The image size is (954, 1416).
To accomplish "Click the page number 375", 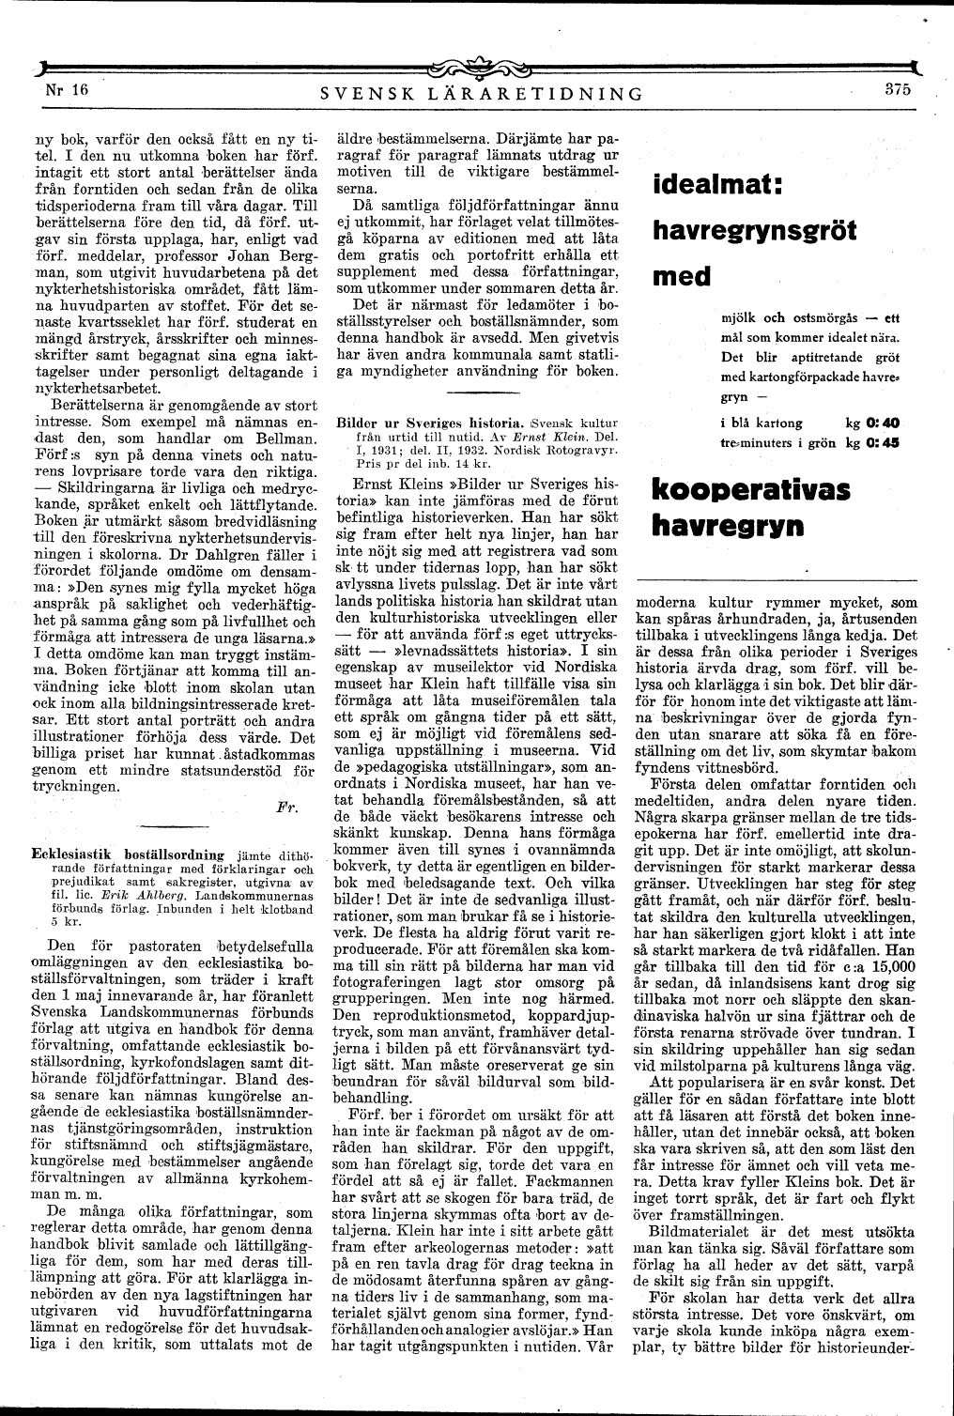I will [898, 90].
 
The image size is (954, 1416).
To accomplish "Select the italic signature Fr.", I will [287, 807].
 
